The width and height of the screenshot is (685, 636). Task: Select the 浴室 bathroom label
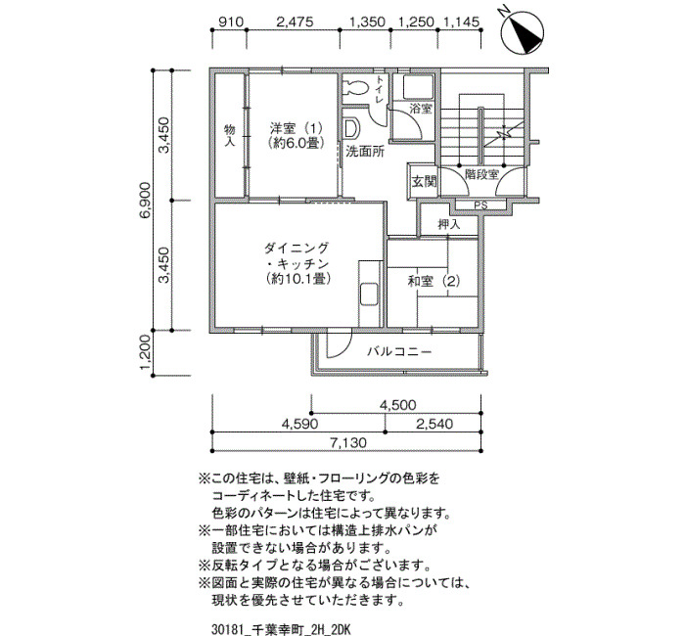pyautogui.click(x=420, y=108)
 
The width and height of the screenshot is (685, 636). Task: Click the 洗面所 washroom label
pyautogui.click(x=365, y=152)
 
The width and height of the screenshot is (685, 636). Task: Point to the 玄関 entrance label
pyautogui.click(x=424, y=181)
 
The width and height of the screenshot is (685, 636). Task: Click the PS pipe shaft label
pyautogui.click(x=481, y=204)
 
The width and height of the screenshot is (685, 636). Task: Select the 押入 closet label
pyautogui.click(x=449, y=224)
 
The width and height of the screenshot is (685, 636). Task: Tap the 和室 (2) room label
pyautogui.click(x=434, y=282)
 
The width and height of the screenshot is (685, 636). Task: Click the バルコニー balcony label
pyautogui.click(x=399, y=351)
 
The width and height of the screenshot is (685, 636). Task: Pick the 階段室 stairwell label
pyautogui.click(x=481, y=175)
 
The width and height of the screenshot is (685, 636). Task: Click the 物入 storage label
pyautogui.click(x=230, y=135)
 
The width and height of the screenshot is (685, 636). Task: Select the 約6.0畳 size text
pyautogui.click(x=297, y=143)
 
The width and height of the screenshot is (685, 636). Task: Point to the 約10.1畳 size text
pyautogui.click(x=297, y=279)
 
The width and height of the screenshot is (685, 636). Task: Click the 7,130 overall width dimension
pyautogui.click(x=348, y=443)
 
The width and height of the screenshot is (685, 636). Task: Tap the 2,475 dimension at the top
pyautogui.click(x=295, y=22)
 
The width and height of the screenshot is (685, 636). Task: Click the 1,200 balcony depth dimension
pyautogui.click(x=146, y=352)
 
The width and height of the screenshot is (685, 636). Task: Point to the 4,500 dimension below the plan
pyautogui.click(x=397, y=405)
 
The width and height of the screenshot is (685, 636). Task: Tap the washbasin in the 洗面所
pyautogui.click(x=350, y=128)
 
